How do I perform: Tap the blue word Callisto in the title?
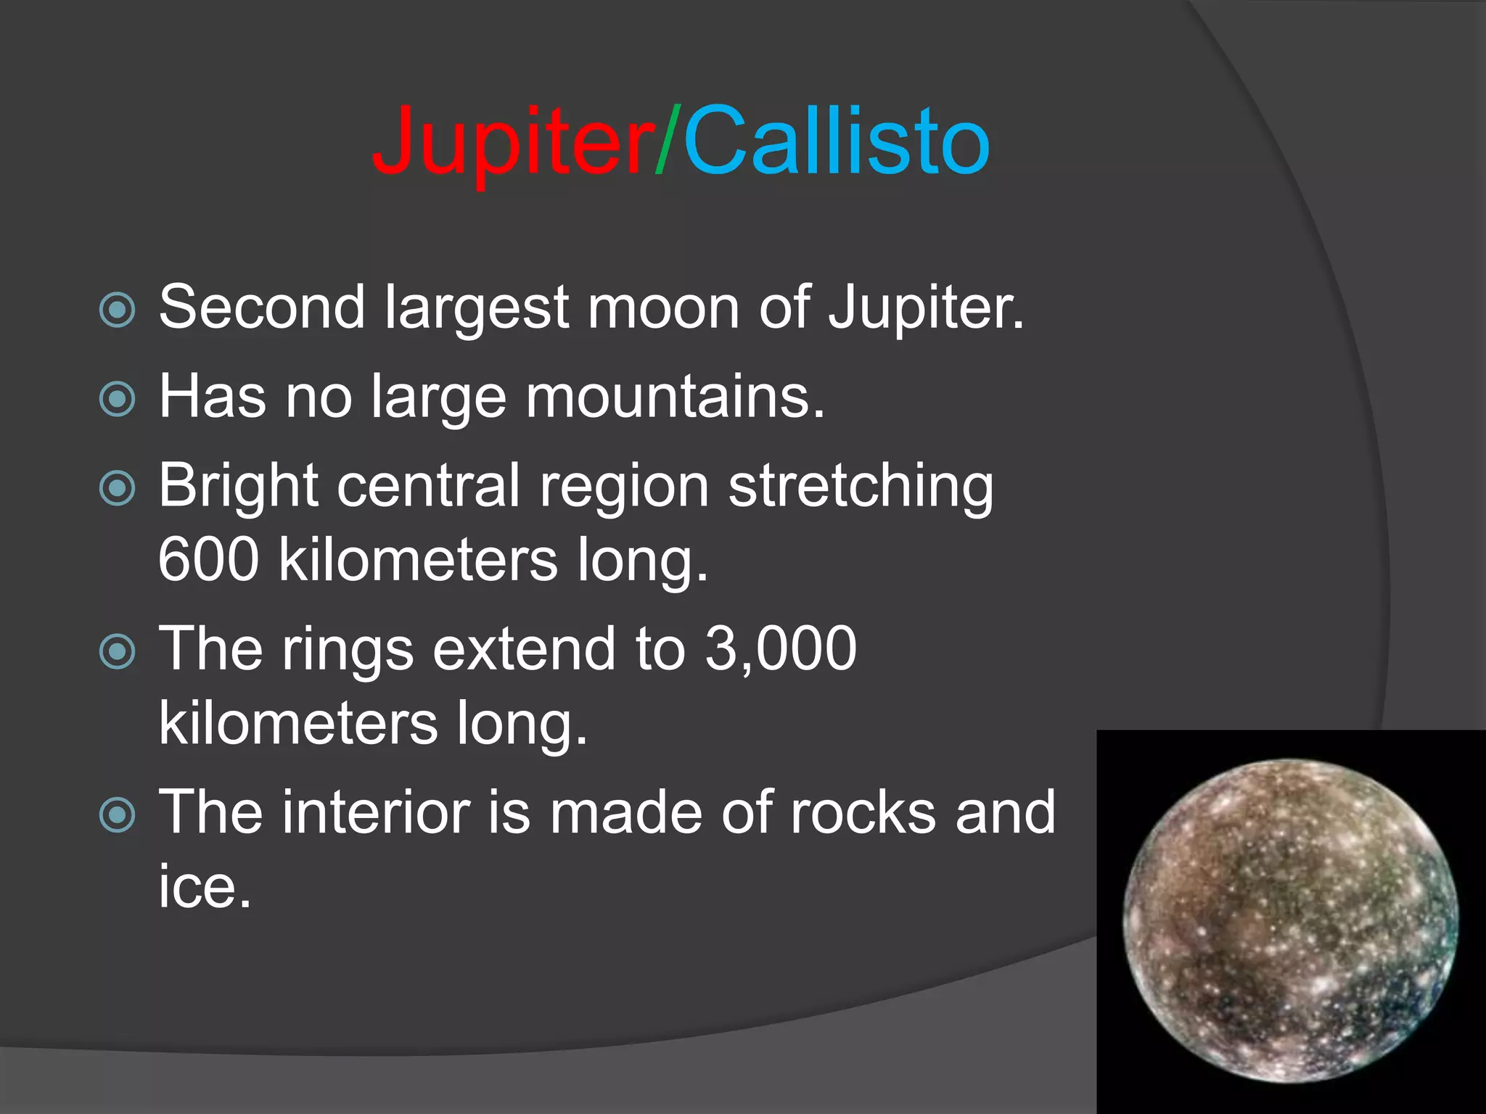pos(836,141)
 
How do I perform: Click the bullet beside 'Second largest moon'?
pos(117,310)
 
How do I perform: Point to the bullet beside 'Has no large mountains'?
pos(117,399)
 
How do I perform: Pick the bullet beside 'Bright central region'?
pos(117,487)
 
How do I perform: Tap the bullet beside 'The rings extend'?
pos(117,651)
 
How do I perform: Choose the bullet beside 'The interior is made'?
pos(117,814)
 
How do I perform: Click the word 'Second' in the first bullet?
pos(262,308)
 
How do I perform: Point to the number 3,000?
pos(781,648)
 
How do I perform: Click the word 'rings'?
pos(348,651)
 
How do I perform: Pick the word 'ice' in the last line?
pos(204,886)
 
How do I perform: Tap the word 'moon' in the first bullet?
pos(663,309)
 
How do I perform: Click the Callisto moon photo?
pos(1290,921)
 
